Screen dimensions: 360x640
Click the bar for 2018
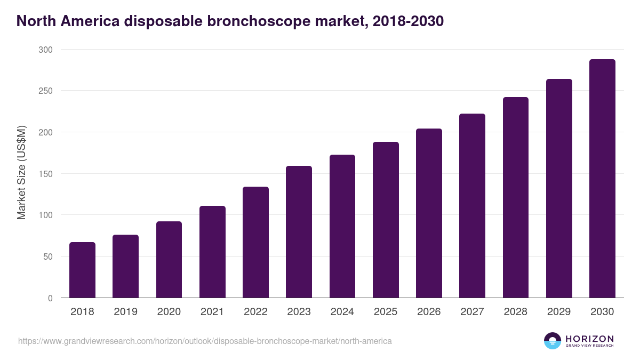[82, 270]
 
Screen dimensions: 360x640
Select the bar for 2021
[212, 252]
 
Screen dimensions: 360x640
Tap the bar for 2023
[299, 232]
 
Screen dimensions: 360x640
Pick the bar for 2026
[429, 213]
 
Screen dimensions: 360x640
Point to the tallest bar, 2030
[602, 179]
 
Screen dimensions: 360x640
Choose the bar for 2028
[515, 197]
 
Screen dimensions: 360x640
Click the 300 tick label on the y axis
[46, 50]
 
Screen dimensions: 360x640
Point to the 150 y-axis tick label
[46, 174]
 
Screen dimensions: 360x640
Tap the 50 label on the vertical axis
[48, 257]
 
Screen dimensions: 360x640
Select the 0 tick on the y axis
[50, 298]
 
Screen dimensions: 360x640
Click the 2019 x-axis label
[125, 312]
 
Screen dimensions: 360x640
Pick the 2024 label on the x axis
[342, 312]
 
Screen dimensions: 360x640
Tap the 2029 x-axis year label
[558, 312]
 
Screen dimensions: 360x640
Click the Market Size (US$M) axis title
[21, 173]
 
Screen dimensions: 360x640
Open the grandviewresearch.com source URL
[205, 341]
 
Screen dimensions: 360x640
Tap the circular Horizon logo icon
[553, 341]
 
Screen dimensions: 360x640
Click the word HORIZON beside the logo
[589, 339]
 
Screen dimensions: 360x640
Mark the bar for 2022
[255, 242]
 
